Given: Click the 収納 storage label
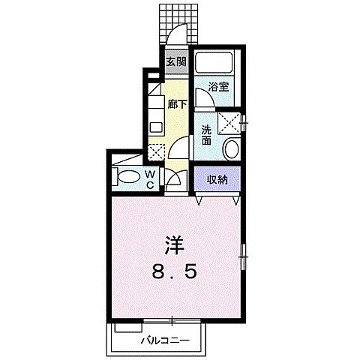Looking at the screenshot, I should click(x=217, y=179).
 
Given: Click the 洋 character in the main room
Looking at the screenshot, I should click(x=173, y=244).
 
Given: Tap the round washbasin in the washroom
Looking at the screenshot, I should click(x=232, y=147).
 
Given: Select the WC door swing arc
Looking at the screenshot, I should click(x=172, y=180).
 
